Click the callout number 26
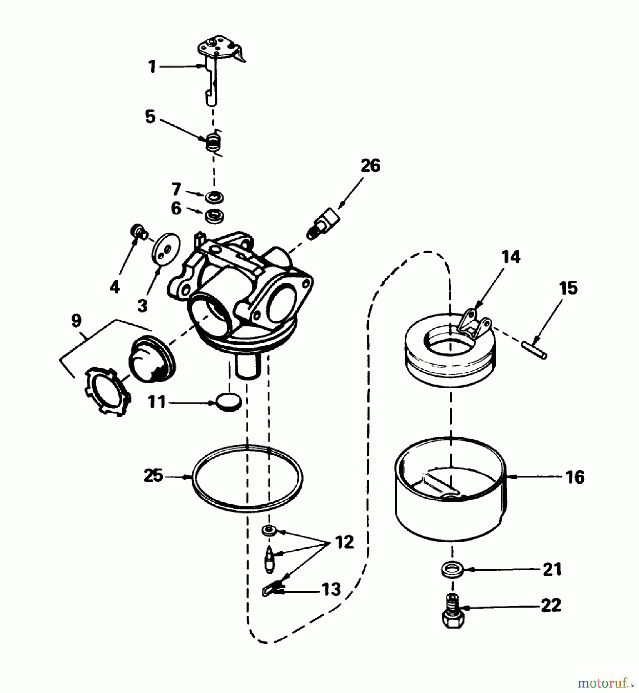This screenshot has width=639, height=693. pyautogui.click(x=370, y=166)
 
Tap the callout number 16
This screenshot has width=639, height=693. pyautogui.click(x=576, y=477)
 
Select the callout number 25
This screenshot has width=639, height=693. pyautogui.click(x=153, y=476)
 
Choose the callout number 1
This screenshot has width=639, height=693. pyautogui.click(x=152, y=67)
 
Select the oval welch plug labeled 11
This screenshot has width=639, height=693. pyautogui.click(x=229, y=402)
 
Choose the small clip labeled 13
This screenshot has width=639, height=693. pyautogui.click(x=272, y=589)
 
